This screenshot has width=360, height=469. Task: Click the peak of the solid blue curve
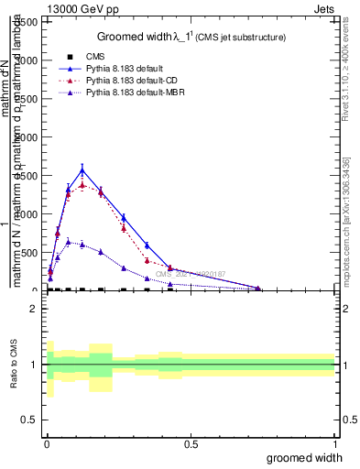tap(82, 169)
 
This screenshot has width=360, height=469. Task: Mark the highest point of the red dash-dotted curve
tap(82, 185)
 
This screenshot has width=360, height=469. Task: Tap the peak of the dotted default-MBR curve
tap(68, 242)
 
